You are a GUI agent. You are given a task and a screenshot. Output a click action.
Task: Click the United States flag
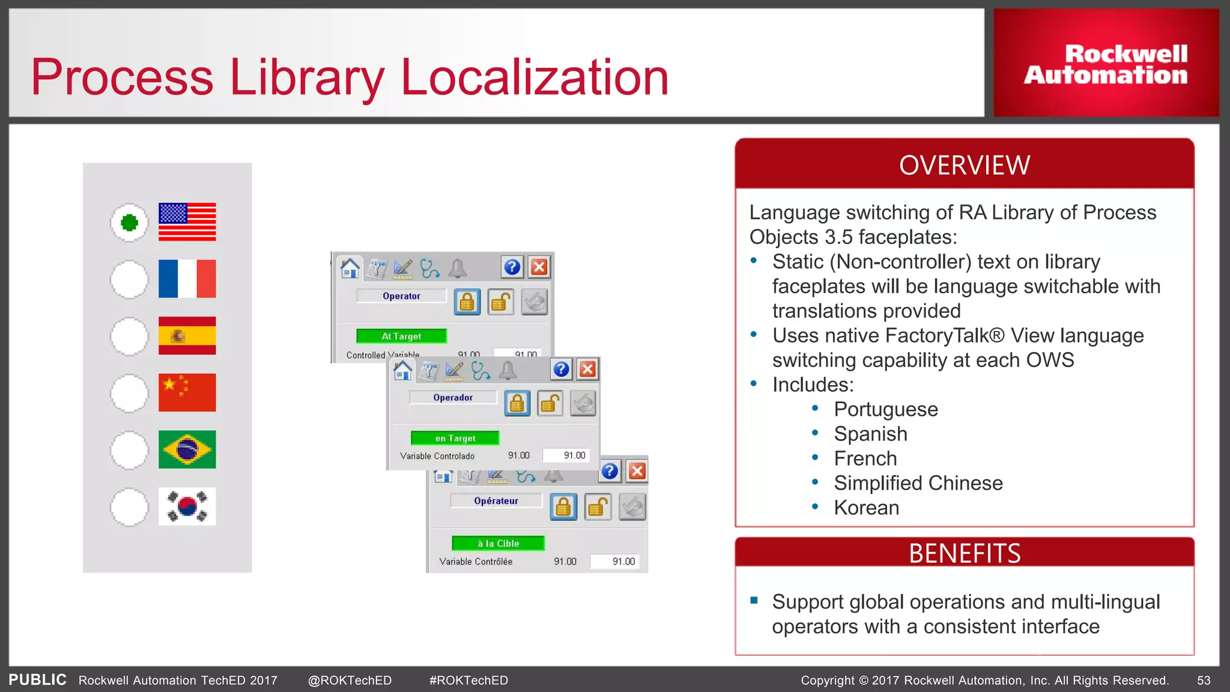coord(187,222)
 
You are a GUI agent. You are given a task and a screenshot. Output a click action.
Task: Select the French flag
coord(187,279)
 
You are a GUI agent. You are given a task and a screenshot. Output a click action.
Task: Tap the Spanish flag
coord(187,336)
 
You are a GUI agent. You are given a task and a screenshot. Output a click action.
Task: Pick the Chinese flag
coord(187,393)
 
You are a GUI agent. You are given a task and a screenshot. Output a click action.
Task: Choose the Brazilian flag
coord(187,449)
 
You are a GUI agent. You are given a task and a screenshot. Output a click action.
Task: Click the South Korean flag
coord(187,506)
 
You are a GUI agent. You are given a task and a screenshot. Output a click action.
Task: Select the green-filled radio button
coord(129,223)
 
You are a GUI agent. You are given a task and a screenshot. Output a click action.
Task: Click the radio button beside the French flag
coord(129,279)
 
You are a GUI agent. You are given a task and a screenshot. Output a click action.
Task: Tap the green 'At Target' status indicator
coord(401,336)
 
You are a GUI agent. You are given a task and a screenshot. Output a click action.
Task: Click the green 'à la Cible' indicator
coord(498,544)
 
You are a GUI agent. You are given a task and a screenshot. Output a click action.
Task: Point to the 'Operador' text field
coord(453,398)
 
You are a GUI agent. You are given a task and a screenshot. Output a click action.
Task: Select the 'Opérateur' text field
coord(495,501)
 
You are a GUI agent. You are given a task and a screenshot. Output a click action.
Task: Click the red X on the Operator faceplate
coord(539,267)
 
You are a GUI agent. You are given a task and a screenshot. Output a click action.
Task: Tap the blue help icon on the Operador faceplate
coord(561,369)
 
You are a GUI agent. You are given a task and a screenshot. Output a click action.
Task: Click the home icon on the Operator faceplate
coord(350,267)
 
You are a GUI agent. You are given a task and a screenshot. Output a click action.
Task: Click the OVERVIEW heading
coord(965,165)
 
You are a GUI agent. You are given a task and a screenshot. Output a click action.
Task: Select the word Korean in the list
coord(866,508)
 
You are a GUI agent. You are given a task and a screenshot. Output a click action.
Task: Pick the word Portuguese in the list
coord(885,410)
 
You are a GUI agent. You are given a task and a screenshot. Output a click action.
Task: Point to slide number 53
coord(1204,681)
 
